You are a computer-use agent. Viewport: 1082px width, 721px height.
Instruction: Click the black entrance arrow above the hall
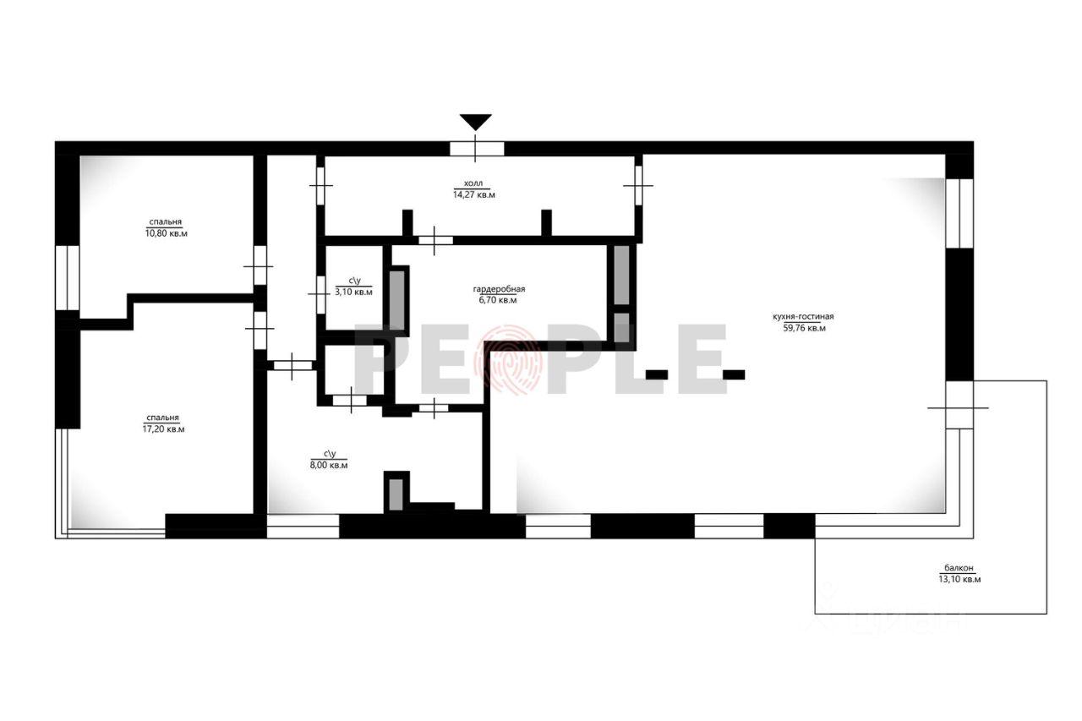click(x=475, y=122)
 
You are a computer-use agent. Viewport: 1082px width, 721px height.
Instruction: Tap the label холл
click(x=473, y=183)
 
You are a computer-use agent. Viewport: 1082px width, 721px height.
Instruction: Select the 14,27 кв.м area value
click(x=474, y=194)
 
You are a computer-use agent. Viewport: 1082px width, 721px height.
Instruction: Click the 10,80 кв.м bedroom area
click(x=167, y=233)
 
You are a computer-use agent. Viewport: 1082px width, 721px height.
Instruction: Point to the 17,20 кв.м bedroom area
click(x=163, y=429)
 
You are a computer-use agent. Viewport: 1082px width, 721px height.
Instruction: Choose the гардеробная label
click(x=499, y=289)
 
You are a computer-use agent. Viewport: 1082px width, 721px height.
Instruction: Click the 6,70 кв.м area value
click(x=498, y=300)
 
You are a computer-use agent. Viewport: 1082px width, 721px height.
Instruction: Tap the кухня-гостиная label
click(x=803, y=317)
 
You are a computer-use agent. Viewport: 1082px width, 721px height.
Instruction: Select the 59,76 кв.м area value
click(x=804, y=328)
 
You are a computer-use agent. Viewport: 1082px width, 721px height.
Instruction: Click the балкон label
click(x=959, y=568)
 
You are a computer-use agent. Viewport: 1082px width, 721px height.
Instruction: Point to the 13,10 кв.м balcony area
click(x=959, y=579)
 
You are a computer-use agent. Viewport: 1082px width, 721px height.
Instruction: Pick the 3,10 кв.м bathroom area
click(x=353, y=292)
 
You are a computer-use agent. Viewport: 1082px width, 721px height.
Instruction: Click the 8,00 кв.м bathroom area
click(x=329, y=465)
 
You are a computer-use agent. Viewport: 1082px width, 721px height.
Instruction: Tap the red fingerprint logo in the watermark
click(x=508, y=359)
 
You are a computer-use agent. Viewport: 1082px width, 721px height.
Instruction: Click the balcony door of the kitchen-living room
click(x=959, y=406)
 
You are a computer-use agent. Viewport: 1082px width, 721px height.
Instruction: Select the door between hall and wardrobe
click(x=435, y=240)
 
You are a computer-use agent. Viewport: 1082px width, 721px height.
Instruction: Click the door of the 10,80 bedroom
click(x=260, y=265)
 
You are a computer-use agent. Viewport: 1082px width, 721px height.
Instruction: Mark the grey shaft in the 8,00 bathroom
click(x=396, y=494)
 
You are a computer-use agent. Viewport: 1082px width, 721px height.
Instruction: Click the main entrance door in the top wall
click(x=477, y=149)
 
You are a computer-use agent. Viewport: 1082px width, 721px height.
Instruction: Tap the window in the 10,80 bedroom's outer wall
click(x=67, y=278)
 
